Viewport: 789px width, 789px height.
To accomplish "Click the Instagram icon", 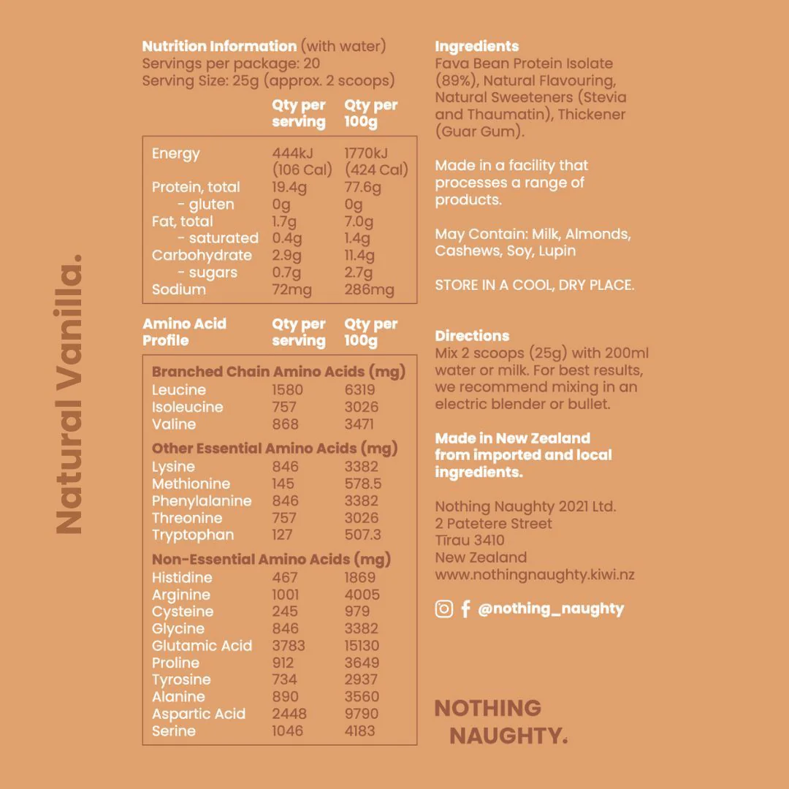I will (444, 609).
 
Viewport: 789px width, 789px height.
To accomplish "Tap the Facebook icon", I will (465, 609).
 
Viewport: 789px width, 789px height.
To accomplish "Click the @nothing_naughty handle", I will (551, 609).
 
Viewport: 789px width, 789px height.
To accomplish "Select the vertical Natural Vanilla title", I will (69, 394).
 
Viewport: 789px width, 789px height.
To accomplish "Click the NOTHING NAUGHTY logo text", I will (500, 722).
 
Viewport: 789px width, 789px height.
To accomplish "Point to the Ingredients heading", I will (476, 46).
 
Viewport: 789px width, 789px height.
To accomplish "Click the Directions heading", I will (472, 336).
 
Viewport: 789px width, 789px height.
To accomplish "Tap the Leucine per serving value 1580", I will (287, 390).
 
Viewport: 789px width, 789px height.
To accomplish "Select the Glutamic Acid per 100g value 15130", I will (362, 646).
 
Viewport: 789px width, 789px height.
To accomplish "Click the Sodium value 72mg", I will (291, 290).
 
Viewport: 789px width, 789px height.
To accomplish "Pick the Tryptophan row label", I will (193, 535).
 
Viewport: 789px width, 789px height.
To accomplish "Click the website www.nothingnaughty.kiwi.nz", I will (534, 574).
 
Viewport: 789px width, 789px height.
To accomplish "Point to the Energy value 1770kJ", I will (366, 153).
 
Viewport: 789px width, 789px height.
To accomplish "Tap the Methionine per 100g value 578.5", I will (363, 484).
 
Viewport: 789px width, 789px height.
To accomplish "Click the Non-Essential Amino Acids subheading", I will (271, 560).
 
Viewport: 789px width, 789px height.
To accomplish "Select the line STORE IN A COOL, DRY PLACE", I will (534, 285).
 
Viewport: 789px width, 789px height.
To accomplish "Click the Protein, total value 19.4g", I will (290, 188).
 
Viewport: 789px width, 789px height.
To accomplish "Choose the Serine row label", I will (174, 731).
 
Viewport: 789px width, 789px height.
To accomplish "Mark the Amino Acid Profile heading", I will (184, 332).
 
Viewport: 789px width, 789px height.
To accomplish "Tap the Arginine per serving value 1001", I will (286, 595).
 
